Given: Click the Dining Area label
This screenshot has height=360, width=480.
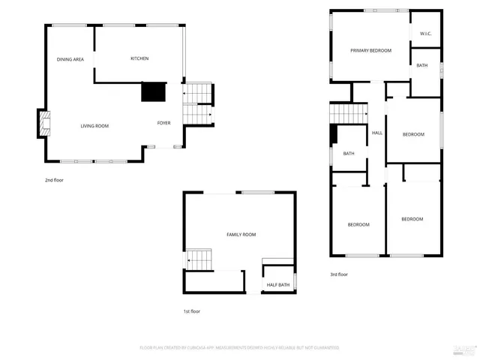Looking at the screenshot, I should [70, 58].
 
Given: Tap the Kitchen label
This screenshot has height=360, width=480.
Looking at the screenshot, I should [139, 58].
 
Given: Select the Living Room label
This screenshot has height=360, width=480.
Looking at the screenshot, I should [94, 126].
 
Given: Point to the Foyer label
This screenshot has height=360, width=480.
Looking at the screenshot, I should [163, 123].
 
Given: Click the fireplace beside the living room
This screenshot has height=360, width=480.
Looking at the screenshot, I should [44, 124].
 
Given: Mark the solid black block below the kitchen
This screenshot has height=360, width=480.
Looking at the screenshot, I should [154, 91].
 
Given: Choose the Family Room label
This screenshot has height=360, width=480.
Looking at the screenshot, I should [241, 235].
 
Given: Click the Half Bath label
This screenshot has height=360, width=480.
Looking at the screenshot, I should [277, 285].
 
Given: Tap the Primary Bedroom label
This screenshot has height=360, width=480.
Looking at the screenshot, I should [371, 50].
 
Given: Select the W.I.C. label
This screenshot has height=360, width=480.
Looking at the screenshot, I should [425, 34].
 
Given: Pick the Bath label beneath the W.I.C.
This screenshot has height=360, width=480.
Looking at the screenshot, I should [422, 66].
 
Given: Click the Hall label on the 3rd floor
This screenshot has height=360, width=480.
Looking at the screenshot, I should [377, 133].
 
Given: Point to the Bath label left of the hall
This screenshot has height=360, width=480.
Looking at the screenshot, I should [349, 154].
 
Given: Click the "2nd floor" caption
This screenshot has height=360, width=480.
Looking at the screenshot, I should [55, 180].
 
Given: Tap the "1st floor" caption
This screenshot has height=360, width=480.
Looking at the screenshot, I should [191, 311].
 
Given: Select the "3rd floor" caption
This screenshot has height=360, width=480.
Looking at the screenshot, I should [339, 274].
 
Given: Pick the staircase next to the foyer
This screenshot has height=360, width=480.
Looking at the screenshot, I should [198, 103].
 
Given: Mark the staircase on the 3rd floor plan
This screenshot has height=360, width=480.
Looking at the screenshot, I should [348, 112].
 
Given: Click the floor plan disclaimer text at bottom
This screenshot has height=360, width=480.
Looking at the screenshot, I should [240, 348].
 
